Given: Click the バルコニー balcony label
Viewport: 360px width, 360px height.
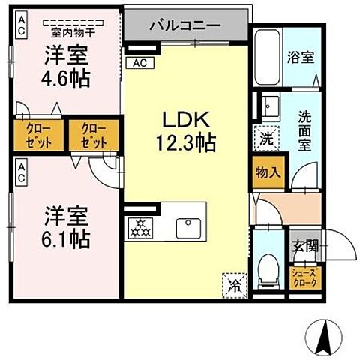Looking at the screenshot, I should coord(184,25).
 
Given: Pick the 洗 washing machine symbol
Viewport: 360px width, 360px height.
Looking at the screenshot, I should coord(268,138).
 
